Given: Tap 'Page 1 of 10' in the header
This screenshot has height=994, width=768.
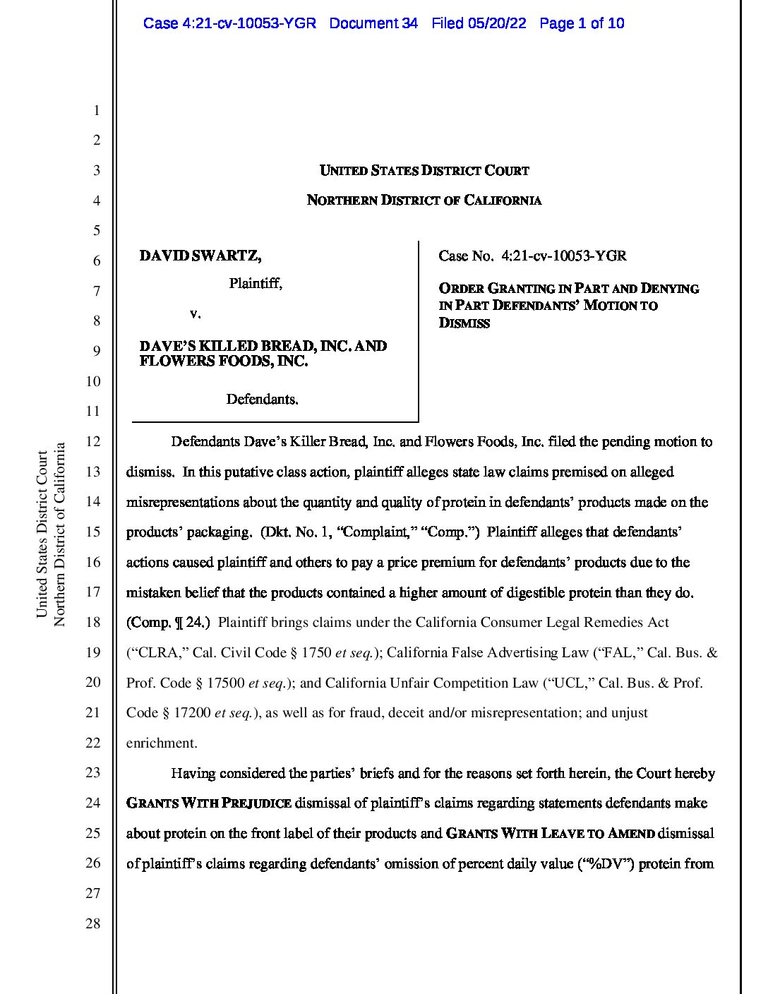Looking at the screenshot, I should (x=582, y=23).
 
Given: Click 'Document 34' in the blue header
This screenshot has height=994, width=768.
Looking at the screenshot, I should (x=373, y=23).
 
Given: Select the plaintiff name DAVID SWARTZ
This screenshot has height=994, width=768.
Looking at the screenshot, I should (x=200, y=256).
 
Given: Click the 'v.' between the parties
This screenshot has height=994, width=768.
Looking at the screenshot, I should (x=196, y=312).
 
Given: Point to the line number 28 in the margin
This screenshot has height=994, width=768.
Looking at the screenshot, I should (x=93, y=923).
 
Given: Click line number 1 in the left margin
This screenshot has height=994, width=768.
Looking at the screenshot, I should (x=96, y=110).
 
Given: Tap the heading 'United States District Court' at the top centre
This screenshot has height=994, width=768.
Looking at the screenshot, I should (x=424, y=170).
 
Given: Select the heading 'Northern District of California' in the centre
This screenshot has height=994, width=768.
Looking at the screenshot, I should (x=424, y=200).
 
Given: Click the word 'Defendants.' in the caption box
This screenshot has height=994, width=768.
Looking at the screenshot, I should (x=262, y=400).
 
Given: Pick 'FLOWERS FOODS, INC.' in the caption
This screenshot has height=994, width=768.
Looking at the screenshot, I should (x=224, y=361).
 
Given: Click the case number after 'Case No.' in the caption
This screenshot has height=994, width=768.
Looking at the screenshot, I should (x=563, y=256).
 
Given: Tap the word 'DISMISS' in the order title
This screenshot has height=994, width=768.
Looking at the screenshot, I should (x=464, y=323).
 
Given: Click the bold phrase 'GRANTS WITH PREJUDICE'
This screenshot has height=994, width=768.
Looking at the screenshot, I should (x=208, y=803).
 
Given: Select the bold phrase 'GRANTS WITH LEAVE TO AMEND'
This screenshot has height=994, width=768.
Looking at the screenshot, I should (x=550, y=834).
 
